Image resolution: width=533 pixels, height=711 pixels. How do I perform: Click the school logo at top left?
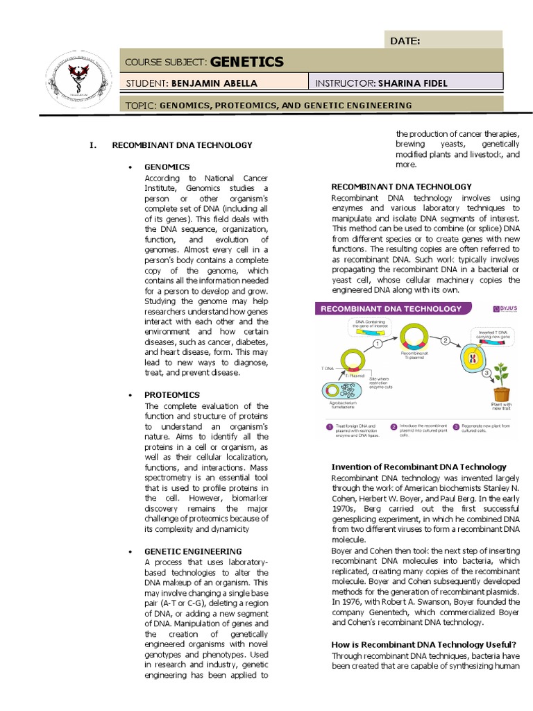pyautogui.click(x=78, y=78)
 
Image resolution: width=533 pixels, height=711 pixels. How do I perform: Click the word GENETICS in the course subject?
pyautogui.click(x=246, y=62)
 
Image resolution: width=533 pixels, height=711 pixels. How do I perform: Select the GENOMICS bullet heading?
pyautogui.click(x=167, y=167)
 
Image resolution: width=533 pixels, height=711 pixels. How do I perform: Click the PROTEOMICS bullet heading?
pyautogui.click(x=171, y=394)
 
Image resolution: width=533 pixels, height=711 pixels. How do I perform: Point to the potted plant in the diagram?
pyautogui.click(x=500, y=382)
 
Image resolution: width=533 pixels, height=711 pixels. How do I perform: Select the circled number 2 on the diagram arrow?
pyautogui.click(x=446, y=340)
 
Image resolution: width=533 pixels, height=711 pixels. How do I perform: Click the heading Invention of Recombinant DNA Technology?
pyautogui.click(x=418, y=467)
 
